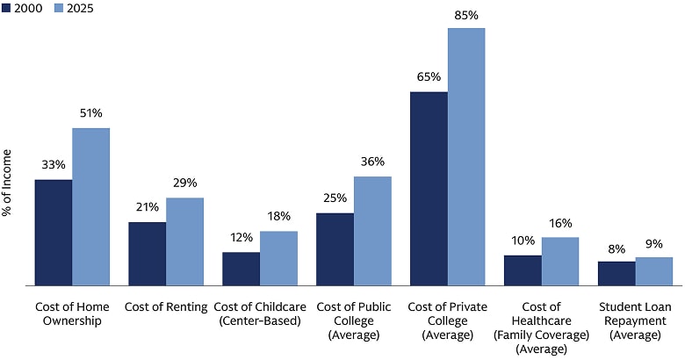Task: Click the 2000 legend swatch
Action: point(8,9)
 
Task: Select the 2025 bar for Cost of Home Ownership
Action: point(91,207)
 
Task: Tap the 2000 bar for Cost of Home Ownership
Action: point(54,233)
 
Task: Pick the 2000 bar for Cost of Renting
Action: point(148,254)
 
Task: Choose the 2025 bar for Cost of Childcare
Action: point(279,258)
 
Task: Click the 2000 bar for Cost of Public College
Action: point(335,249)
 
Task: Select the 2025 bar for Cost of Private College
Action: point(466,156)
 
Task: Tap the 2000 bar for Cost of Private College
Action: point(429,189)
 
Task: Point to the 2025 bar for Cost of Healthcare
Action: point(560,262)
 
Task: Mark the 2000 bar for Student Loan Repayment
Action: point(616,273)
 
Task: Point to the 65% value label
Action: point(429,76)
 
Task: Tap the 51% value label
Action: point(91,113)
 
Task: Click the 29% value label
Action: point(185,183)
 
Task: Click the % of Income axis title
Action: point(8,210)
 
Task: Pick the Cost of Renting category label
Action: point(166,307)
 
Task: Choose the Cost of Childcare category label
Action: point(260,313)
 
